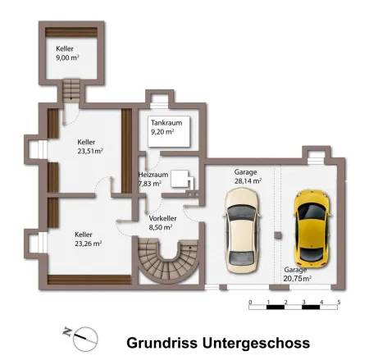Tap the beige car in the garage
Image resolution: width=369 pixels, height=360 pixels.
242,230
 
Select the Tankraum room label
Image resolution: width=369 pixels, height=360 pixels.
166,123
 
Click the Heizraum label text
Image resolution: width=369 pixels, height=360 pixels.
153,175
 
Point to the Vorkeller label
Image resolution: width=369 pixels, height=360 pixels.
162,218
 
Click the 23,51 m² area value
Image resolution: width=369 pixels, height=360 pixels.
90,151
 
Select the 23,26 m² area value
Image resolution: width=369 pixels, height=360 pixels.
89,244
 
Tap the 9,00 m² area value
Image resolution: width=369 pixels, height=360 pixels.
67,57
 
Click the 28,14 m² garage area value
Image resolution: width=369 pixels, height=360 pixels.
248,181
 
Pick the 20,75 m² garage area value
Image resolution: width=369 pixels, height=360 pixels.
298,279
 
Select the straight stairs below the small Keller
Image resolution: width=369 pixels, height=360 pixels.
71,91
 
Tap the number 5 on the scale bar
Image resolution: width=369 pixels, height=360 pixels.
339,302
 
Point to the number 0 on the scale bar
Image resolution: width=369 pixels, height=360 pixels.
250,302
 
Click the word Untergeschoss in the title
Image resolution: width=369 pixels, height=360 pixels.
256,344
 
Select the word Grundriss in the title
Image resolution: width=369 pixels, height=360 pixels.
162,343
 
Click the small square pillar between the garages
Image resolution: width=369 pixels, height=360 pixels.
278,235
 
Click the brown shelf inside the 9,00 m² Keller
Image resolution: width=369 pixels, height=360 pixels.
71,32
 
